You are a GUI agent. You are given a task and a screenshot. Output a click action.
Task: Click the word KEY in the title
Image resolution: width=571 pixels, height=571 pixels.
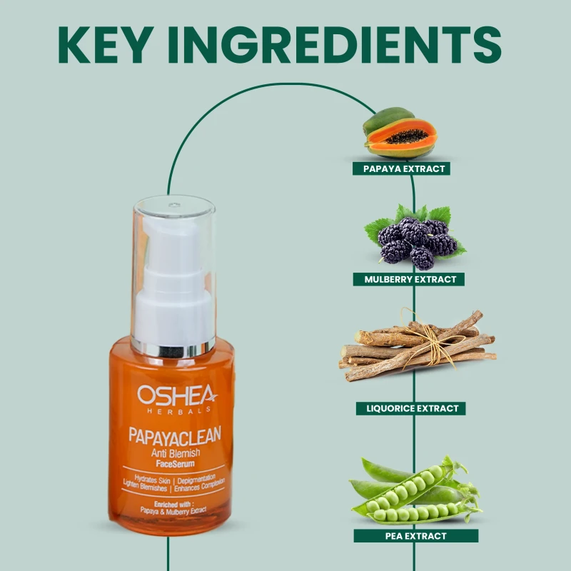(x=106, y=45)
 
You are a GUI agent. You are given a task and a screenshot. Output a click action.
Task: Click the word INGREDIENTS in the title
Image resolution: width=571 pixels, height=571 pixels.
(x=335, y=45)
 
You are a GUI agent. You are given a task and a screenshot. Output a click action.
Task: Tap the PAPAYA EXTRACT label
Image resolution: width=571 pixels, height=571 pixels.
(x=401, y=168)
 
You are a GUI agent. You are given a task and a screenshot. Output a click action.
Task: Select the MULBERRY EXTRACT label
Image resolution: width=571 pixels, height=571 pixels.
(x=408, y=279)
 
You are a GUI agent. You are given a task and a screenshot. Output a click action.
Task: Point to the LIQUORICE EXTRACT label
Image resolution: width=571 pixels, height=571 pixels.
(x=411, y=408)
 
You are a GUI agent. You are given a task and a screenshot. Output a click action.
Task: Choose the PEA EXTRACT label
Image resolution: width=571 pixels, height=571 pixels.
(x=416, y=536)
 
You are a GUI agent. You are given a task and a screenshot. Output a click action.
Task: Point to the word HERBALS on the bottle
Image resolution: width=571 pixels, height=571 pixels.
(x=179, y=410)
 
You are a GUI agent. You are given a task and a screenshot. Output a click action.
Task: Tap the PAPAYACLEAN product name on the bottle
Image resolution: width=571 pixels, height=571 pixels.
(x=175, y=435)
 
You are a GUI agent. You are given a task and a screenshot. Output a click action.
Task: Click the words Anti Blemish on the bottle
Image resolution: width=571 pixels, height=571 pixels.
(x=176, y=453)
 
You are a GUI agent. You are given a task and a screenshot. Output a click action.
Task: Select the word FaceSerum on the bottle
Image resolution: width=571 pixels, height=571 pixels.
(x=175, y=463)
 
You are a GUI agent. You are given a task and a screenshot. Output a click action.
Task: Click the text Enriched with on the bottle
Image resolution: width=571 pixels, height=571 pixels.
(x=173, y=505)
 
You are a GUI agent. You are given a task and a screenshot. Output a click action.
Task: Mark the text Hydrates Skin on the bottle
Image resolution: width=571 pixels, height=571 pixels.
(x=152, y=479)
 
